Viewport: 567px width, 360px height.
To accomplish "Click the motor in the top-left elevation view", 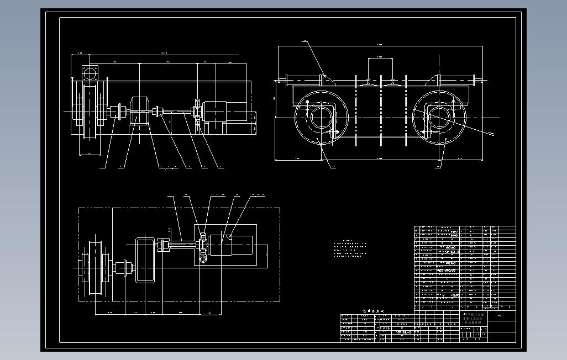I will [x=221, y=112].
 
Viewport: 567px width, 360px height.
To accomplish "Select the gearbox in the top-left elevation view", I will [x=140, y=110].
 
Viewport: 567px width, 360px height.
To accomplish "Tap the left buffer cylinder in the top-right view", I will [x=302, y=81].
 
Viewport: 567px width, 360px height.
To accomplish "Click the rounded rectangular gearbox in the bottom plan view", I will [x=145, y=260].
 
